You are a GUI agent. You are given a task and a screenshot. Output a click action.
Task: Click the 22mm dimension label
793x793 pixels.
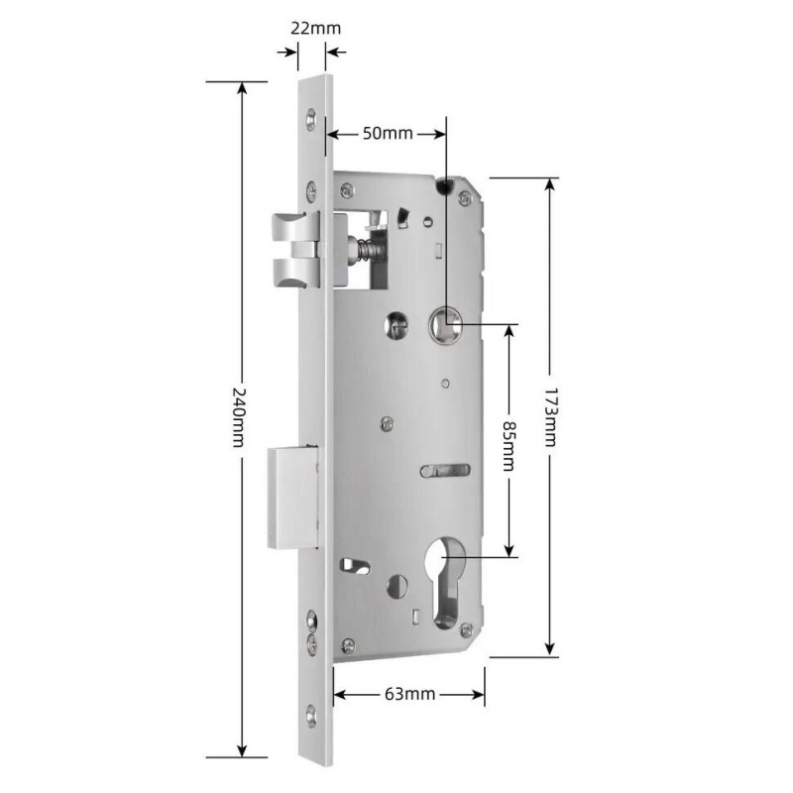click(315, 28)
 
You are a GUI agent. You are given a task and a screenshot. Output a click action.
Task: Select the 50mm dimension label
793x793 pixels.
click(388, 134)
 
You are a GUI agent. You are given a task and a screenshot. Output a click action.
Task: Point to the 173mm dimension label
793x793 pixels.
click(550, 417)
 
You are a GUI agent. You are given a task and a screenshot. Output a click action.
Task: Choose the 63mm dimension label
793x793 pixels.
click(410, 693)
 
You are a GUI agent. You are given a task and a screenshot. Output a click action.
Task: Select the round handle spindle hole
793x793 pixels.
click(445, 323)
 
